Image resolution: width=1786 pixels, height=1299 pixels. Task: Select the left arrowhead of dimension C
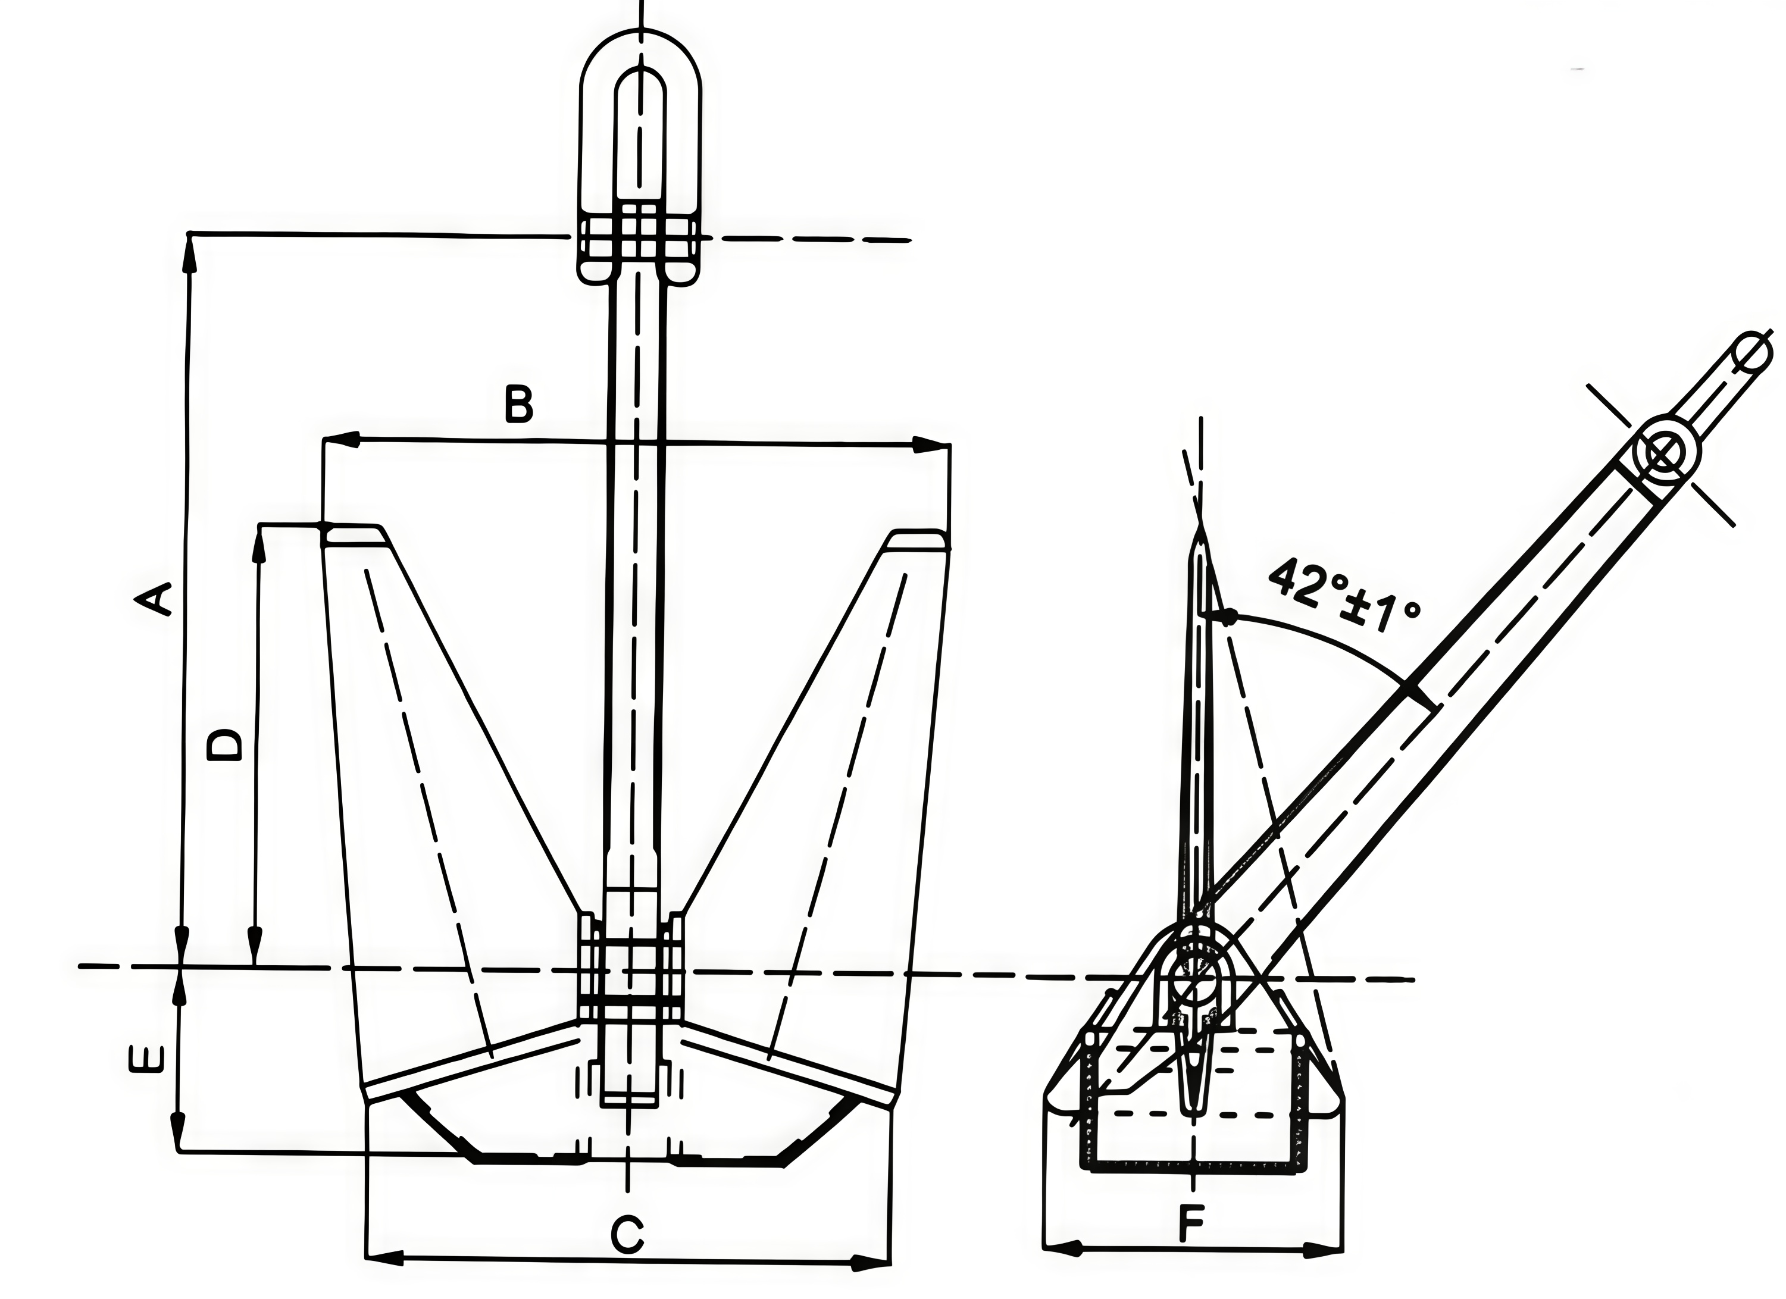(386, 1257)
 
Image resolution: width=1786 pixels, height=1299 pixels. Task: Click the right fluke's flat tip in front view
(918, 541)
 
